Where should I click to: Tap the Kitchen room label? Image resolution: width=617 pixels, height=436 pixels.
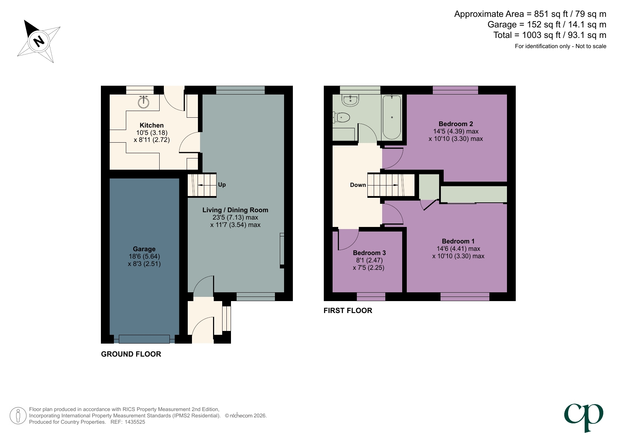click(x=152, y=125)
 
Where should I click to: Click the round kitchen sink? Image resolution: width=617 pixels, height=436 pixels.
click(x=143, y=102)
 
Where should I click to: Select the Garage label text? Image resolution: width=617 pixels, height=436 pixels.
click(x=144, y=249)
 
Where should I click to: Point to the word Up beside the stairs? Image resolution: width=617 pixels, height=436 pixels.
click(x=222, y=185)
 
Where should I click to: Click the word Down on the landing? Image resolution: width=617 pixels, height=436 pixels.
click(x=358, y=185)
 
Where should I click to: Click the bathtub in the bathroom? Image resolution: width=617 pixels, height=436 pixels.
click(x=392, y=117)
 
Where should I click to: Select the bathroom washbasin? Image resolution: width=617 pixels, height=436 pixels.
click(x=351, y=100)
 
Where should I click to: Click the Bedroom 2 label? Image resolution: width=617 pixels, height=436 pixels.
click(x=456, y=124)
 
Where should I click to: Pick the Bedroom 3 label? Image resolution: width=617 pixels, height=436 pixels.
click(x=369, y=253)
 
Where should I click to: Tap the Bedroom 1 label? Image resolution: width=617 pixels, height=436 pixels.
click(x=458, y=241)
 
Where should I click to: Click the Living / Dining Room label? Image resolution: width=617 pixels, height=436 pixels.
click(x=235, y=210)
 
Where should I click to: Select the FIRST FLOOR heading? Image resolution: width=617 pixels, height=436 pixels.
click(x=348, y=311)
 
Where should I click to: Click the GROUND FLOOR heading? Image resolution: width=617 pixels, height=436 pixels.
click(x=131, y=354)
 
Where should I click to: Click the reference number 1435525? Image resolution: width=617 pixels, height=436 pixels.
click(x=133, y=422)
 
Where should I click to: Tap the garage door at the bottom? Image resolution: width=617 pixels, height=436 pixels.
click(x=144, y=339)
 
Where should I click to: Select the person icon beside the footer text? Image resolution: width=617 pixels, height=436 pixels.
click(x=18, y=416)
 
